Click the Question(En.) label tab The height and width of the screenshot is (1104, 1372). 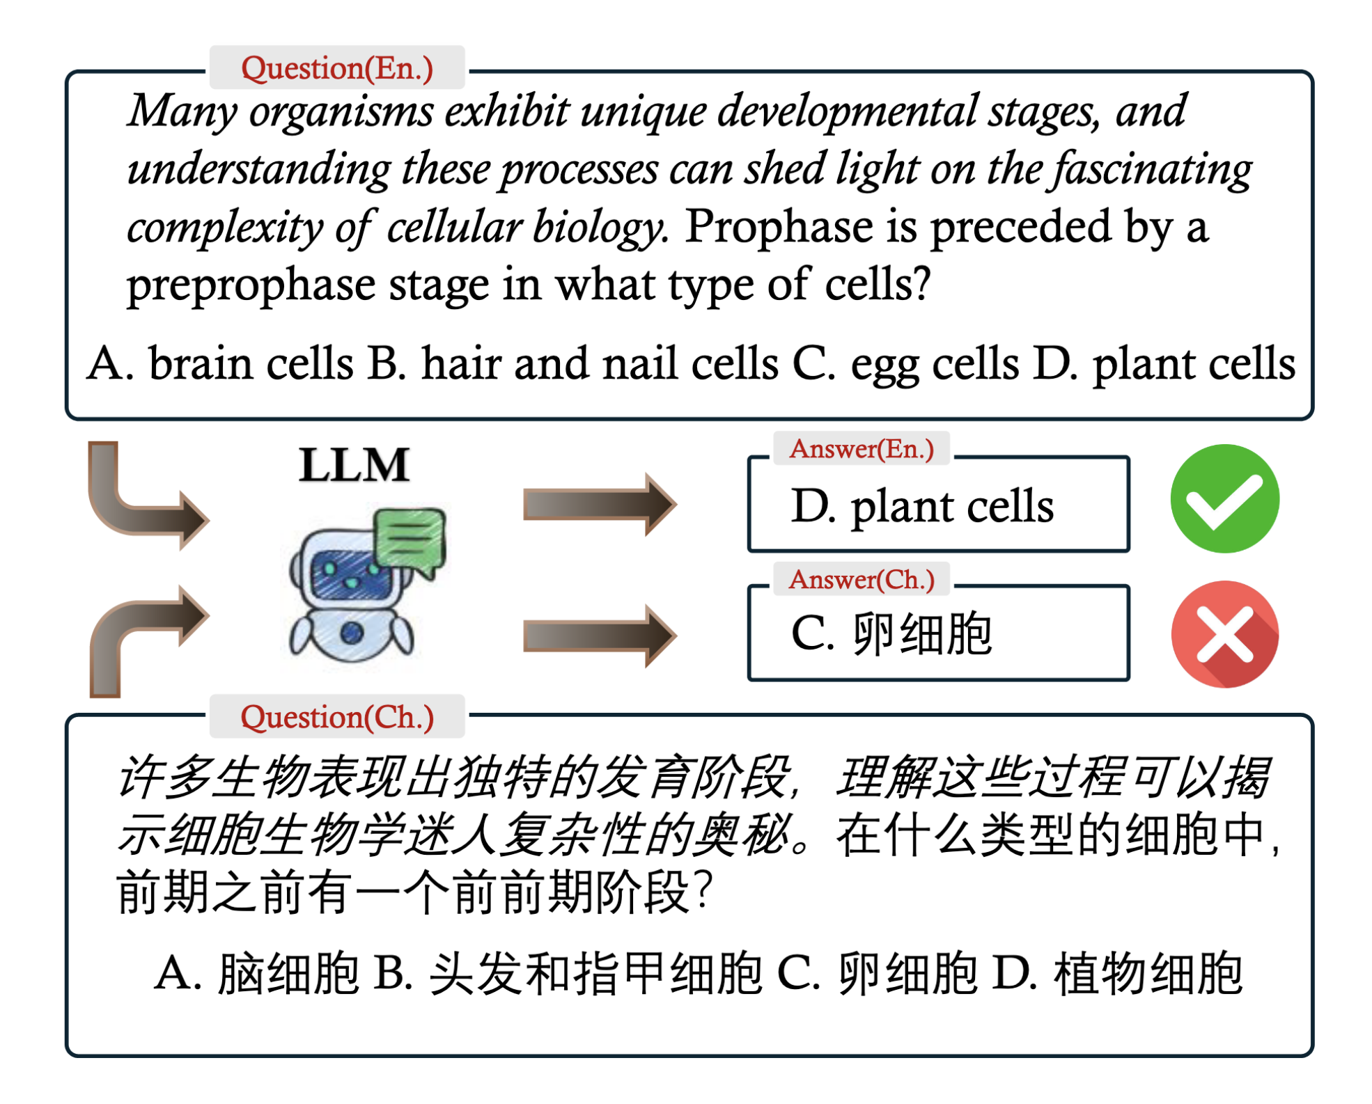click(x=337, y=68)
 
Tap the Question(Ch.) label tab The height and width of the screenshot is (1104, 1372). click(x=337, y=716)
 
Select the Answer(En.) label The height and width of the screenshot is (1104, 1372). click(x=862, y=449)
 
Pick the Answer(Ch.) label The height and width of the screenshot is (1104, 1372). click(x=862, y=579)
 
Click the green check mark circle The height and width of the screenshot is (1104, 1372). click(x=1224, y=498)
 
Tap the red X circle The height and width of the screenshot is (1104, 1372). click(x=1224, y=634)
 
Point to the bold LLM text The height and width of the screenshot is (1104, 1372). click(x=354, y=465)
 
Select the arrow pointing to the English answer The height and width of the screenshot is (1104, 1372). click(x=600, y=504)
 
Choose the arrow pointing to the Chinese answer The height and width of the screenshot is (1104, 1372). click(x=600, y=636)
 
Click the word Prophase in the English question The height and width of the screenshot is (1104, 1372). click(x=779, y=227)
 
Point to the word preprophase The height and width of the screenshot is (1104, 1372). click(x=251, y=285)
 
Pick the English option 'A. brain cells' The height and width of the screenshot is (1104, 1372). click(x=220, y=363)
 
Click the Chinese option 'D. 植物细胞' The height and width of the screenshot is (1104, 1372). click(x=1117, y=972)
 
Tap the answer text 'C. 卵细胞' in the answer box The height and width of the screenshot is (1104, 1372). click(x=891, y=633)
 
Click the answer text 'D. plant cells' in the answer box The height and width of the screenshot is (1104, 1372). click(x=922, y=506)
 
